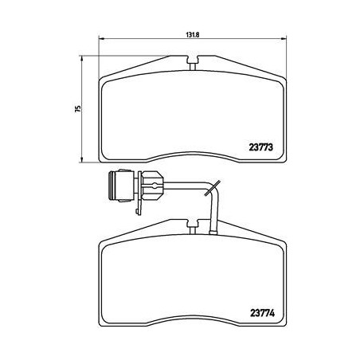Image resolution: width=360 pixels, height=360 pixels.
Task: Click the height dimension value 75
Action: (76, 109)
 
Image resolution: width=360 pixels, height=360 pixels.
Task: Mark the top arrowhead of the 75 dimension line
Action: (84, 58)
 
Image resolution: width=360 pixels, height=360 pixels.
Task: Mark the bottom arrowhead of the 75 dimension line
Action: (84, 158)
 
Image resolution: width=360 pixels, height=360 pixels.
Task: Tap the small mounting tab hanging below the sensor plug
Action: (139, 205)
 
